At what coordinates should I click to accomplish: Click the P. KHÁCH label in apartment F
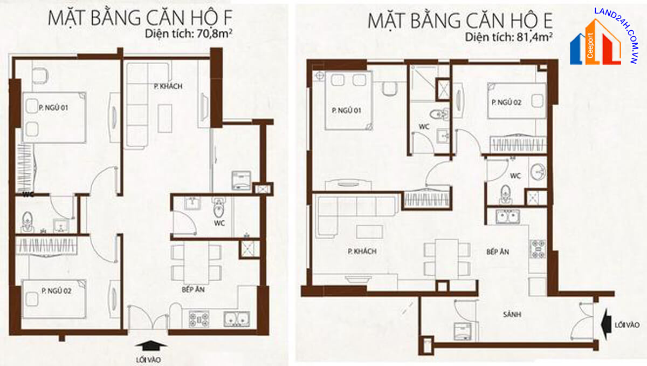168,86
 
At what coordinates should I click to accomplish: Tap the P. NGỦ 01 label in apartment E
347,111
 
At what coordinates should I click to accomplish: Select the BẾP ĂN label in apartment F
193,289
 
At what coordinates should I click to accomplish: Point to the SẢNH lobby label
512,314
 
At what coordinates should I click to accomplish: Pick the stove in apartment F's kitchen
199,319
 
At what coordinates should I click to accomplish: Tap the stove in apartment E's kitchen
537,249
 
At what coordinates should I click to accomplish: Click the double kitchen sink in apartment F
237,318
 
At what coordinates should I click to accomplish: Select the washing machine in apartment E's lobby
463,331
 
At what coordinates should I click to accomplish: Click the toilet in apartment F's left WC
27,222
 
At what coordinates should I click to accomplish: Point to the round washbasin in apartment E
538,172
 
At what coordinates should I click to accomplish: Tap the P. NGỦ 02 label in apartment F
56,290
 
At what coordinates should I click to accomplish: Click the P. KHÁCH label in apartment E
362,251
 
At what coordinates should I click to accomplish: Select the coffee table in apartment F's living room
165,119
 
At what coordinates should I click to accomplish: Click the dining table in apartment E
447,259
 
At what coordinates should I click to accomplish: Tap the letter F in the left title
228,18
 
